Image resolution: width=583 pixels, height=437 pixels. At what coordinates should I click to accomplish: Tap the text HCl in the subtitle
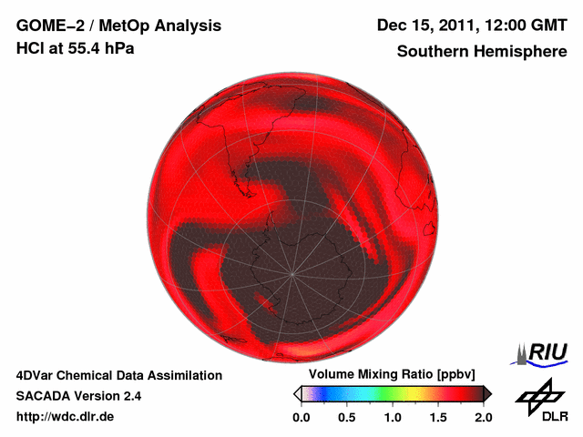click(x=29, y=48)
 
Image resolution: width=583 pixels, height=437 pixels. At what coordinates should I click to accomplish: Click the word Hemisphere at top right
click(x=522, y=52)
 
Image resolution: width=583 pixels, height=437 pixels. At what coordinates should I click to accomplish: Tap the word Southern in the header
click(x=433, y=52)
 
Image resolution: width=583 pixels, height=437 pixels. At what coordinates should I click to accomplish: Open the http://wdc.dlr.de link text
click(x=66, y=417)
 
